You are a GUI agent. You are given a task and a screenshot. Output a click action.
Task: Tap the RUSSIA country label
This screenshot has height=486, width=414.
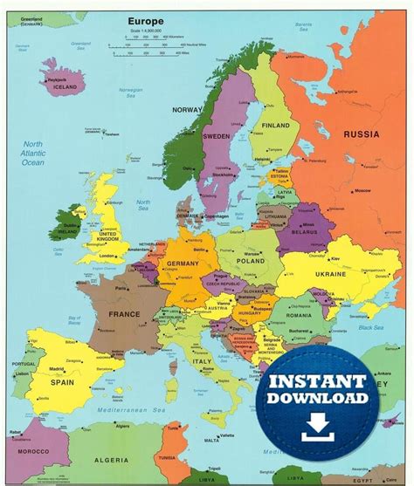(361, 134)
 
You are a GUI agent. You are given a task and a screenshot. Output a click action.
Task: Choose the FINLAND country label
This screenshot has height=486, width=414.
(274, 126)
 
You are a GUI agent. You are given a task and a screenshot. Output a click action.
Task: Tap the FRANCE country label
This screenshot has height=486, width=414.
(123, 313)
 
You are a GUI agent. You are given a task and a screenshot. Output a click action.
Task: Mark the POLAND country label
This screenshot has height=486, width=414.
(250, 260)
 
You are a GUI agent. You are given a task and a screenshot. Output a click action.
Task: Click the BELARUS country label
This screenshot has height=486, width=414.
(301, 234)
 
